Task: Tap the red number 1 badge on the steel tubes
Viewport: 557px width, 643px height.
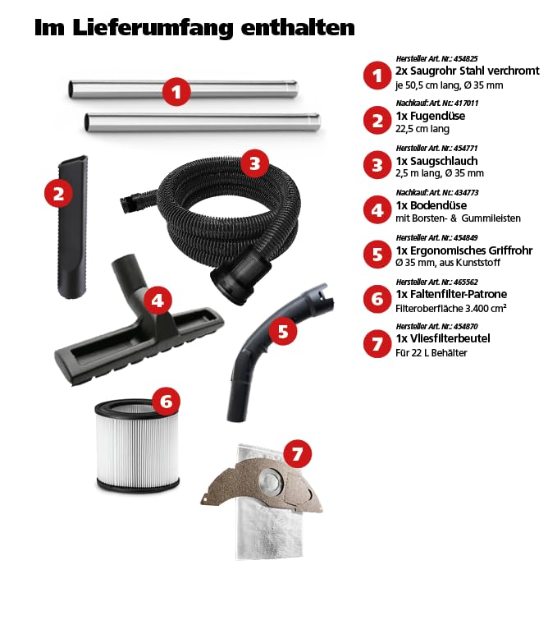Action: [x=176, y=91]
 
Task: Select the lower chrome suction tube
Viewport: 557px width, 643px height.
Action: [x=203, y=122]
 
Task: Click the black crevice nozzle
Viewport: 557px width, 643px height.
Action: [x=73, y=227]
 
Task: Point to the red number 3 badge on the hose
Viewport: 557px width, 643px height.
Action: [x=255, y=163]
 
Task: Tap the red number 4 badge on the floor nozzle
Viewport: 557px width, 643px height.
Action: [x=158, y=301]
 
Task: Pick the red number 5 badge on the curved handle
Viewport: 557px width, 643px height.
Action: [x=283, y=331]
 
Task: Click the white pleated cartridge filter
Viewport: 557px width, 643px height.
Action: [x=137, y=445]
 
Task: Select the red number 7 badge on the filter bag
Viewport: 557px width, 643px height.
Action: [x=297, y=453]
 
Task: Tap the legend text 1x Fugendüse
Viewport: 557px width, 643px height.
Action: [x=430, y=116]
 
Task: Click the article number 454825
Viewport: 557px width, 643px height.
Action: [x=466, y=58]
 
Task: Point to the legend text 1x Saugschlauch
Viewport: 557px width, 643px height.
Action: [x=436, y=161]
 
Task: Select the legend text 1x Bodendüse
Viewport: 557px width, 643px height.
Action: [x=431, y=205]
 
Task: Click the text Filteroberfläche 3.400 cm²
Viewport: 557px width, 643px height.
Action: [x=451, y=308]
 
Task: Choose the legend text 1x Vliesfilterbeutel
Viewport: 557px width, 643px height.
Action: [x=443, y=338]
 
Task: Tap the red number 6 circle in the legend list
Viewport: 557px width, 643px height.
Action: [x=377, y=299]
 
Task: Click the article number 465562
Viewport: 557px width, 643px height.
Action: [x=466, y=282]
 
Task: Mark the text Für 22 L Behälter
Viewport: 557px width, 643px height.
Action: [x=431, y=352]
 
